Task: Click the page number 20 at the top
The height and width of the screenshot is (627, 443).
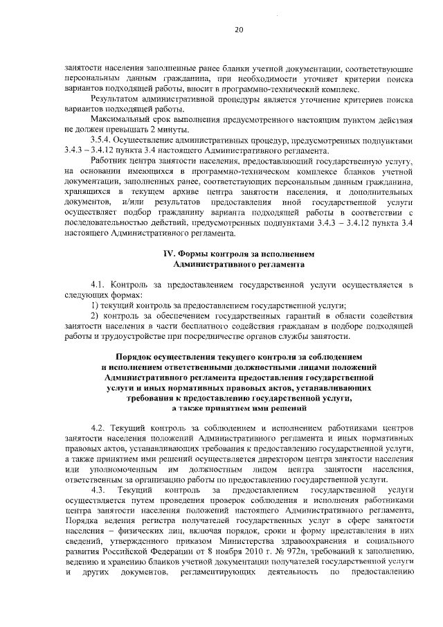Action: [x=238, y=30]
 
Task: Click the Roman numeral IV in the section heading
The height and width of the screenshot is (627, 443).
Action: [x=166, y=254]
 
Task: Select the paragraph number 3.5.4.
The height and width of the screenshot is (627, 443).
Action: [x=102, y=141]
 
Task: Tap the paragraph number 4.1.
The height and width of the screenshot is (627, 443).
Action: [x=100, y=285]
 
